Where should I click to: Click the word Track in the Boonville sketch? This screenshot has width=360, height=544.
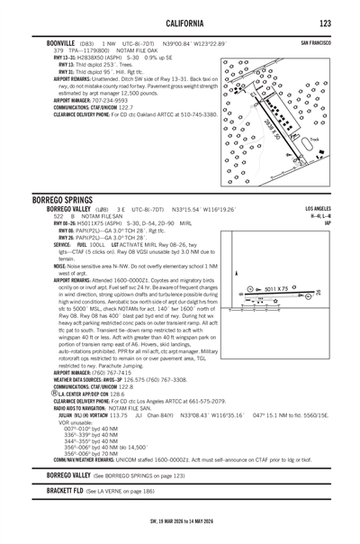(314, 140)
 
